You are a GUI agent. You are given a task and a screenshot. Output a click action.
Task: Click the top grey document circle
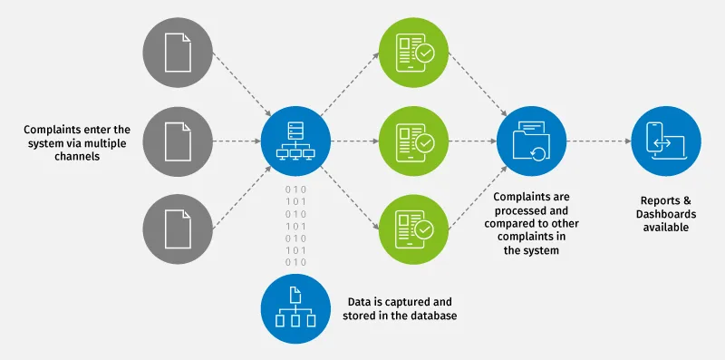[x=178, y=53]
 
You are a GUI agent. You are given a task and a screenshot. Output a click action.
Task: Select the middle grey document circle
[x=178, y=141]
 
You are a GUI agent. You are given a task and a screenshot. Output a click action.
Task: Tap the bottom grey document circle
[x=178, y=229]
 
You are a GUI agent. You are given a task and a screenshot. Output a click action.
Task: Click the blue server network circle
[x=296, y=141]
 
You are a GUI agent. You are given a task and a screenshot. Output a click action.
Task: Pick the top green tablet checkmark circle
[x=414, y=53]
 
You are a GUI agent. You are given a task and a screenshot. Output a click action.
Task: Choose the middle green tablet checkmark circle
[x=414, y=141]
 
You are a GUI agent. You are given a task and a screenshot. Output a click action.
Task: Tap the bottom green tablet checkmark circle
[x=414, y=229]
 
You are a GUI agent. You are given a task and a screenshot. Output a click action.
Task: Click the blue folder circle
[x=532, y=141]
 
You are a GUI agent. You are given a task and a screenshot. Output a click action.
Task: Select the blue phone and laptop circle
[x=666, y=141]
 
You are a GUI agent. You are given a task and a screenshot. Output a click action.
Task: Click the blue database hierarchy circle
[x=296, y=308]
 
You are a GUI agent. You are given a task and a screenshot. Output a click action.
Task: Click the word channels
[x=77, y=156]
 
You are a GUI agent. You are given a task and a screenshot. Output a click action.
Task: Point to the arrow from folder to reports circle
[x=599, y=141]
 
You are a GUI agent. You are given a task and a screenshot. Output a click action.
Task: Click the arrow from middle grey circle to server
[x=237, y=141]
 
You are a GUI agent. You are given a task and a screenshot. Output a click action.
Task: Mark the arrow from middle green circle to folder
[x=472, y=141]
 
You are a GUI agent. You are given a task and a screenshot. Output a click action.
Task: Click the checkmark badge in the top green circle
[x=425, y=54]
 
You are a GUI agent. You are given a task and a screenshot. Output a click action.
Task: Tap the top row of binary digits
[x=296, y=190]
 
